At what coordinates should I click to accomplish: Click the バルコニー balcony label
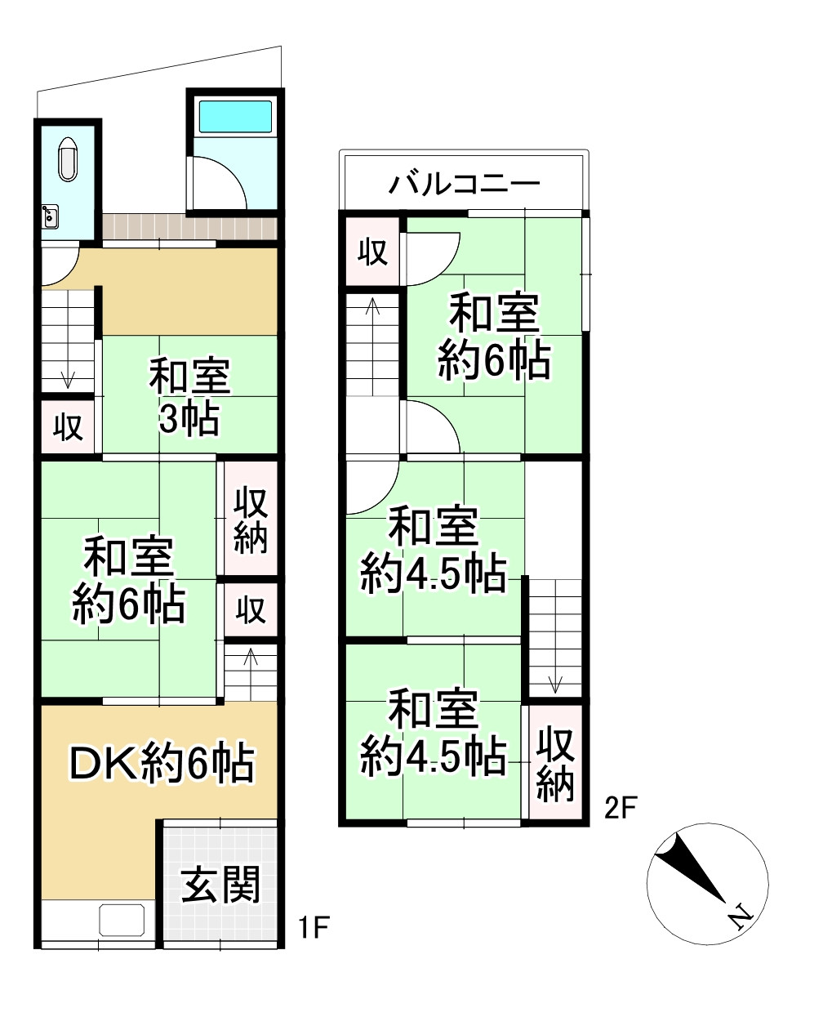coord(464,182)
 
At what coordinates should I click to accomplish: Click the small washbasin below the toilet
coord(50,216)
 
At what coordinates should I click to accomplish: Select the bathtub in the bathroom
coord(235,117)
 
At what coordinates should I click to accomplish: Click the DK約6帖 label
coord(161,764)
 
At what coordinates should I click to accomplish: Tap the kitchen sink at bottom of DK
coord(123,920)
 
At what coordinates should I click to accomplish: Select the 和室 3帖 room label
coord(189,397)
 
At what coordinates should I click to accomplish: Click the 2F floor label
coord(620,809)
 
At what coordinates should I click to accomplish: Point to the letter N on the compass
coord(740,917)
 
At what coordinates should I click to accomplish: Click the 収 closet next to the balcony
coord(373,252)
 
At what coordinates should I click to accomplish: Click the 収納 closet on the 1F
coord(251,520)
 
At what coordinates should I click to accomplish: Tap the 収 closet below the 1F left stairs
coord(69,426)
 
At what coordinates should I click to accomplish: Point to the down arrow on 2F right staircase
coord(555,682)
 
